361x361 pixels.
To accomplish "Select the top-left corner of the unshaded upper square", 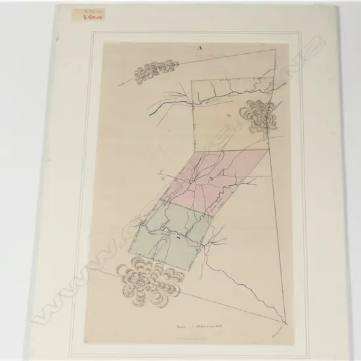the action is pos(193,80).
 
